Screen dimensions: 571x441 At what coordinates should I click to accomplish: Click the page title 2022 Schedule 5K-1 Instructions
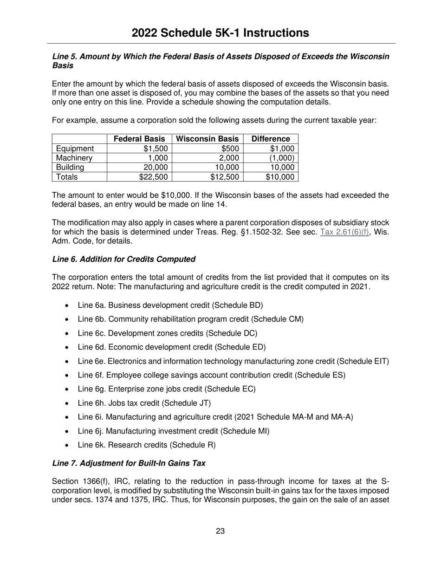(220, 32)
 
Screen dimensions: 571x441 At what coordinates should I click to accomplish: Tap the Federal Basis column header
(139, 139)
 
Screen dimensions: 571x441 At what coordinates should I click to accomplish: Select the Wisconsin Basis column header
(208, 139)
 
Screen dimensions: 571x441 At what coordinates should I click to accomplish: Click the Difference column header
(271, 139)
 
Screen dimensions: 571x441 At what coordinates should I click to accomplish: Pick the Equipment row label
(75, 149)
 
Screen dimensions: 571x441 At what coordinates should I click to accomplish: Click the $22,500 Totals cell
(153, 176)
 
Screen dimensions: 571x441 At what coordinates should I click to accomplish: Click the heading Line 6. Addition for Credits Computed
(123, 259)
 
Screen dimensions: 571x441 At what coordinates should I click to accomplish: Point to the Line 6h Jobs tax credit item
(144, 403)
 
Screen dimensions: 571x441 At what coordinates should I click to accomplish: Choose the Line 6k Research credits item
(146, 445)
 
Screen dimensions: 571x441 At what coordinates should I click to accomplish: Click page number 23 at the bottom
(220, 531)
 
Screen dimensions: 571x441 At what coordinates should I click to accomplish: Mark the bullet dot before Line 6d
(68, 348)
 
